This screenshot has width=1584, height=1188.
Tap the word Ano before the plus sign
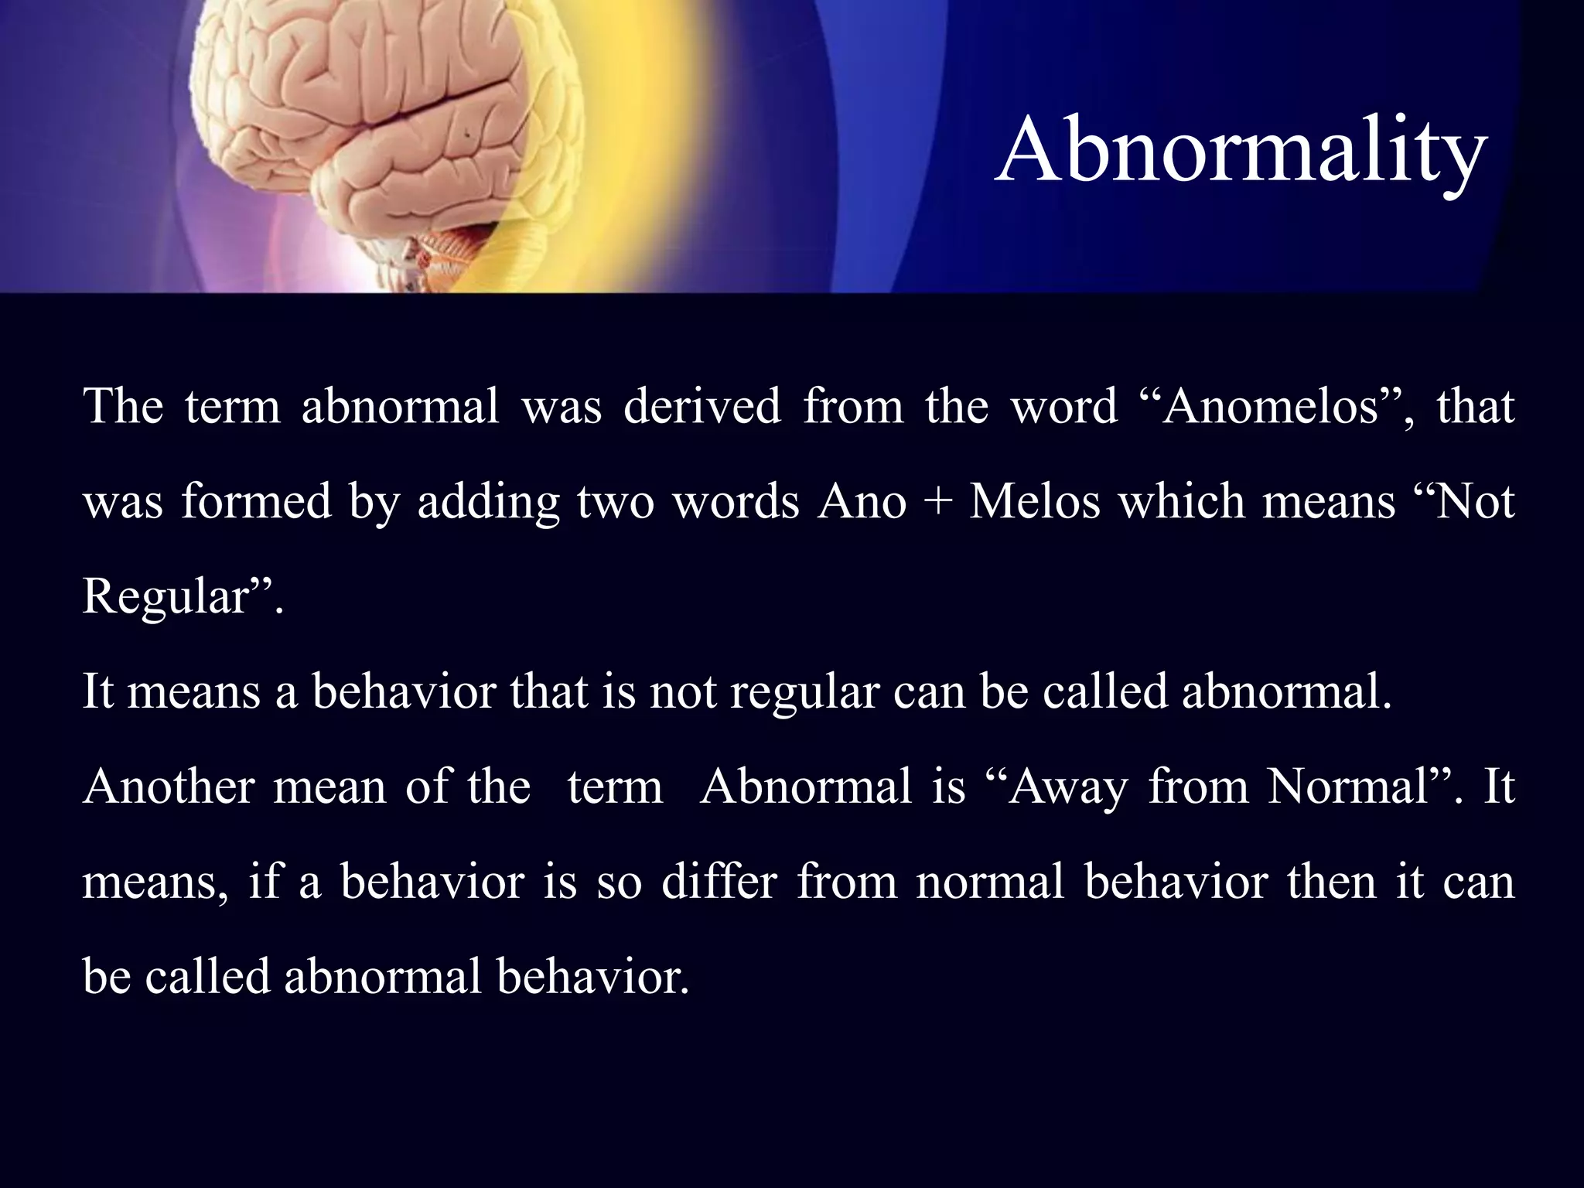coord(862,500)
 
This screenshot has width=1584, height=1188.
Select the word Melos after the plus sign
coord(1034,500)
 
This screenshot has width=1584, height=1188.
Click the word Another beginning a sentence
coord(169,786)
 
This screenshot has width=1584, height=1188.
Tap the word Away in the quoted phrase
coord(1064,787)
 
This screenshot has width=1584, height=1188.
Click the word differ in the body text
coord(719,881)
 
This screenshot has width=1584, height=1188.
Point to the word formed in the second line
coord(256,500)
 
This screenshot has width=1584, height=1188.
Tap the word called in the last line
coord(207,976)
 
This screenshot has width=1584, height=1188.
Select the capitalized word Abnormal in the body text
coord(807,786)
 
